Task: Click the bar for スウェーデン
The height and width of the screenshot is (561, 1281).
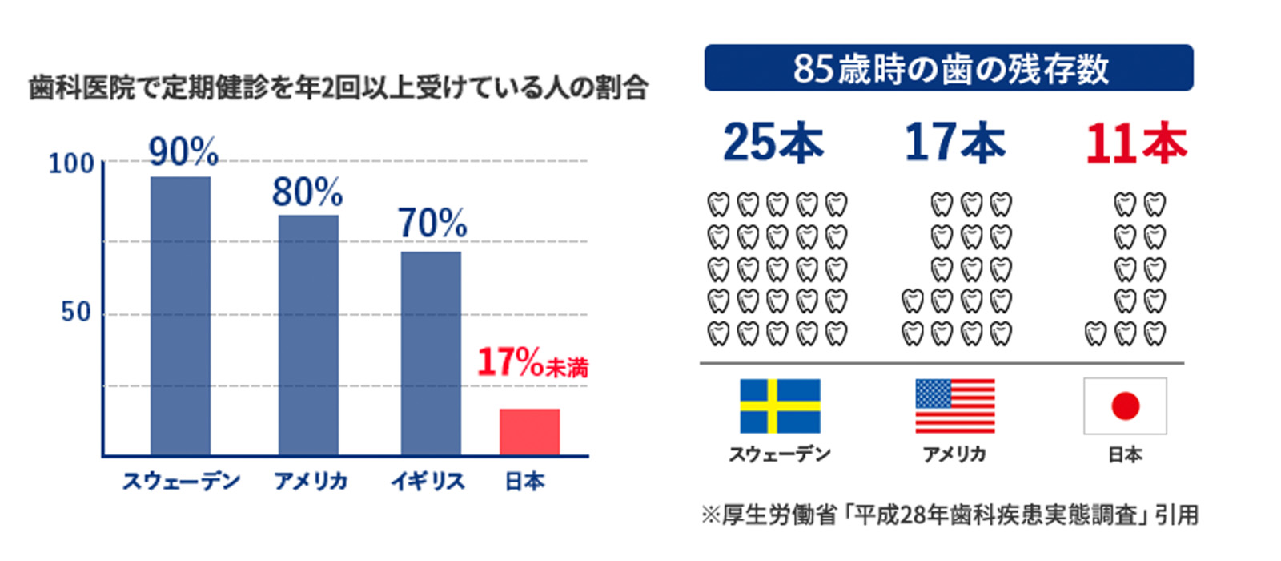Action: (180, 316)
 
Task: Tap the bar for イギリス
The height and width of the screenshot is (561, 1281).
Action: (431, 353)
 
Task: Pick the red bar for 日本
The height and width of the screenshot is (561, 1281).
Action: (529, 432)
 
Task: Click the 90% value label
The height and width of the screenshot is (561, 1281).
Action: (183, 151)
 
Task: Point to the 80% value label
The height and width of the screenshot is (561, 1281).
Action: (307, 192)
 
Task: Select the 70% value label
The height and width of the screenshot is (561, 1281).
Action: (432, 224)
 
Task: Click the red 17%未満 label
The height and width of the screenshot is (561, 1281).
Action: (532, 363)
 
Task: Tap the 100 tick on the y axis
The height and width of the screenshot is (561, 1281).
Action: (71, 164)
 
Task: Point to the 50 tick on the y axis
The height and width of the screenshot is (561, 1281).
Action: (76, 312)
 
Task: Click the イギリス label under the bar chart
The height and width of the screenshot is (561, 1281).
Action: (428, 482)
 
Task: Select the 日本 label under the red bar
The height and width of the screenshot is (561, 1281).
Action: (525, 482)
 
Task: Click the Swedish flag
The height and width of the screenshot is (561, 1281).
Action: (780, 406)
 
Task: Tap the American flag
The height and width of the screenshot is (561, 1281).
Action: (954, 406)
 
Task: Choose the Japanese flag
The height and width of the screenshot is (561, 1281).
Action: (1125, 406)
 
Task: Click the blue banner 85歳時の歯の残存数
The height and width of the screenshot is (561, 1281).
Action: (949, 68)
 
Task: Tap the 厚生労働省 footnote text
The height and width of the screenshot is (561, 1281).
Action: (950, 515)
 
